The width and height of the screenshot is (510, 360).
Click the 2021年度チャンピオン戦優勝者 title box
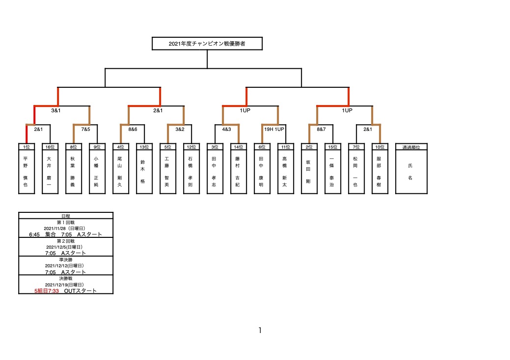click(x=207, y=44)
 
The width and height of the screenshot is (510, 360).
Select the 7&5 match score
click(x=85, y=129)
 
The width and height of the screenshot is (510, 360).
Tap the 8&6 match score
click(x=133, y=129)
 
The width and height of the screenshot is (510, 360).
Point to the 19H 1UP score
click(x=274, y=129)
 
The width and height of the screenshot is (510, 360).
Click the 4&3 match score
click(x=226, y=129)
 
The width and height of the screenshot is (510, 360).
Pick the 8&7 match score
click(x=321, y=129)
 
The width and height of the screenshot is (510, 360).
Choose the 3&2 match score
click(x=180, y=129)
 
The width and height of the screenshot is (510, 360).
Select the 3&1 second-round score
click(x=56, y=110)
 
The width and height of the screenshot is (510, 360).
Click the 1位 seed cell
click(x=27, y=147)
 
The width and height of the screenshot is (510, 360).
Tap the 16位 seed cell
click(x=50, y=147)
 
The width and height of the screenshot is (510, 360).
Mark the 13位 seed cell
click(x=144, y=147)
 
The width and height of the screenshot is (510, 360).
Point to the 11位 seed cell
click(x=286, y=147)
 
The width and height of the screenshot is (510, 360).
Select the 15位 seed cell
click(x=333, y=147)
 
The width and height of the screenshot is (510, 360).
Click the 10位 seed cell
click(x=380, y=147)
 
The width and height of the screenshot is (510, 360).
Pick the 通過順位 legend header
click(x=411, y=147)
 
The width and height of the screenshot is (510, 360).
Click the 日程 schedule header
click(x=66, y=216)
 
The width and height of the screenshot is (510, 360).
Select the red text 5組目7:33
click(x=47, y=291)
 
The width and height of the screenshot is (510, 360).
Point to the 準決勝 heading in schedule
click(x=66, y=260)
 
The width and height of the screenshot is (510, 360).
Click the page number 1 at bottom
click(x=260, y=331)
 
